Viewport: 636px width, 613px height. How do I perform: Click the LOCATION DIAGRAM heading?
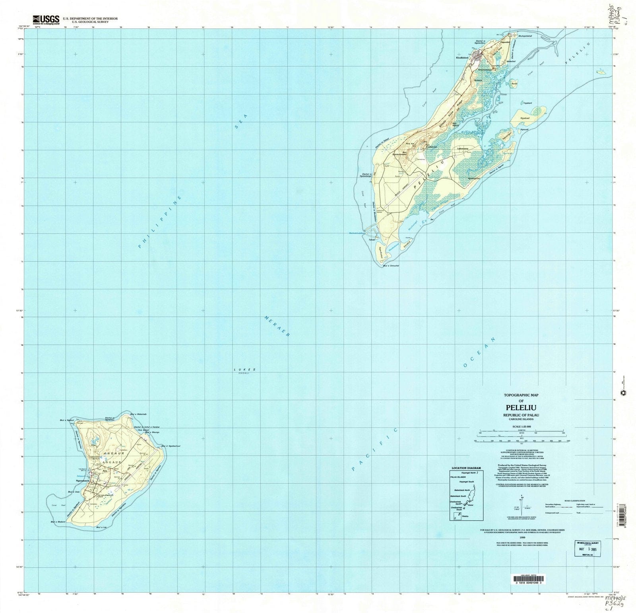(x=466, y=468)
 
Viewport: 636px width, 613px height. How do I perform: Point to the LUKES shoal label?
(x=244, y=370)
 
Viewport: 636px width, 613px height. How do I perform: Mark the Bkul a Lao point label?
(x=101, y=527)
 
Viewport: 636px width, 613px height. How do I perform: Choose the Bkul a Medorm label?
(x=58, y=522)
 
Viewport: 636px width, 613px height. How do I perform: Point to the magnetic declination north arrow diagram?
(x=520, y=502)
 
